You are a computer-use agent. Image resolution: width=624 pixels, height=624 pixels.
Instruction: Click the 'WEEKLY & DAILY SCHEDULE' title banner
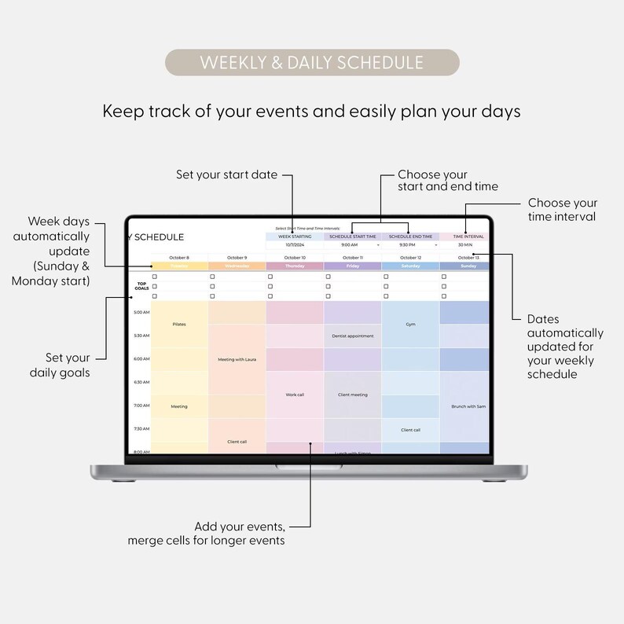coord(312,63)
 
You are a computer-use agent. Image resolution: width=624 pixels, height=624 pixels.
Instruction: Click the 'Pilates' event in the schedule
coord(179,324)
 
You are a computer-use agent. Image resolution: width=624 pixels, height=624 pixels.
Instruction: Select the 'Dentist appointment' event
coord(352,336)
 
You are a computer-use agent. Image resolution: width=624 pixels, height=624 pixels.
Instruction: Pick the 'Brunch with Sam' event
coord(468,406)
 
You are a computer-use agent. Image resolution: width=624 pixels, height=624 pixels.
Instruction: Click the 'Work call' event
coord(295,395)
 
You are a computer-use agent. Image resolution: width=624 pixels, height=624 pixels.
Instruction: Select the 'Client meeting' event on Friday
coord(352,395)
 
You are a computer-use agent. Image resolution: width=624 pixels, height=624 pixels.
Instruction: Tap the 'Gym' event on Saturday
coord(410,324)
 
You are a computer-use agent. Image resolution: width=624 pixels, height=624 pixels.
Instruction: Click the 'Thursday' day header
coord(295,266)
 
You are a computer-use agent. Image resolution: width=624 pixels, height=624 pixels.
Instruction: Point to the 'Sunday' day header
coord(468,266)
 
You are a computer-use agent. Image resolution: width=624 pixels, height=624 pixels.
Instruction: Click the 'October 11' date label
coord(352,257)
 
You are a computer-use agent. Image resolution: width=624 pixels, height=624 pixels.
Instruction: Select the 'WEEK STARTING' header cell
coord(295,236)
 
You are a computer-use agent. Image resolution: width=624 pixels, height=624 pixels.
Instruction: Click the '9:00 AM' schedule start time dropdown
coord(351,244)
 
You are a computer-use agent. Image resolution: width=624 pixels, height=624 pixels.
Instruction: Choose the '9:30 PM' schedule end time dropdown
coord(409,244)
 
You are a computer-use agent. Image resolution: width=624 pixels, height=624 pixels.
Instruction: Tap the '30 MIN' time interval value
coord(464,244)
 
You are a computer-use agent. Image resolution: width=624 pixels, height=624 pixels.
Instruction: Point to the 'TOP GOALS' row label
coord(141,286)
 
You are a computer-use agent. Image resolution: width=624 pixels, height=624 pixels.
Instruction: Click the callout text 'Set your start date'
coord(227,174)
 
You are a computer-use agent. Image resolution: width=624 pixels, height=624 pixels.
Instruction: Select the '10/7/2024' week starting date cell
coord(295,244)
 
